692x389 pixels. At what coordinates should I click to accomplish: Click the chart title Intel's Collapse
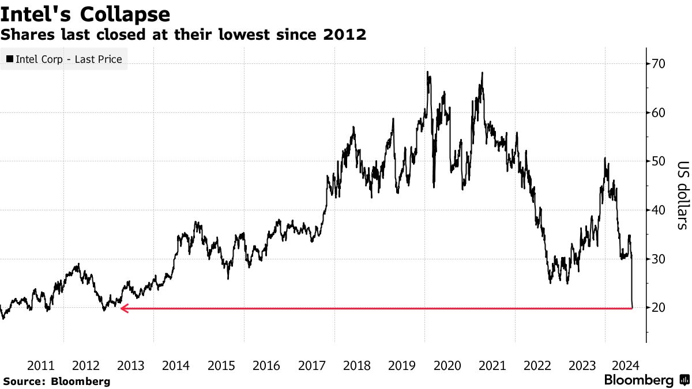[85, 14]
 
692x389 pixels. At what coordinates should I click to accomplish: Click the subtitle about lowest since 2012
[183, 35]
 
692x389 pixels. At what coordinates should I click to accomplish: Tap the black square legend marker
[10, 59]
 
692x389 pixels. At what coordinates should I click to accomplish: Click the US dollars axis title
[682, 194]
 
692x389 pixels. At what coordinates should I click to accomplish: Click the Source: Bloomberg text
[57, 381]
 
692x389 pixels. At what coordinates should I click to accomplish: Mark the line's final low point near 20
[633, 308]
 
